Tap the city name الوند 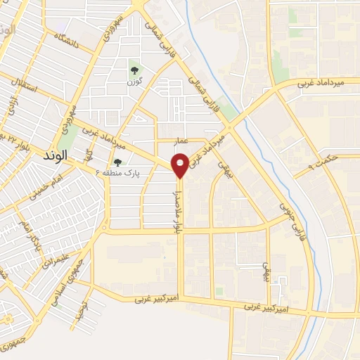[x=73, y=156]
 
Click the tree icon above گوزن [x=134, y=70]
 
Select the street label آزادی [x=13, y=107]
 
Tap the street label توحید [x=84, y=304]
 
